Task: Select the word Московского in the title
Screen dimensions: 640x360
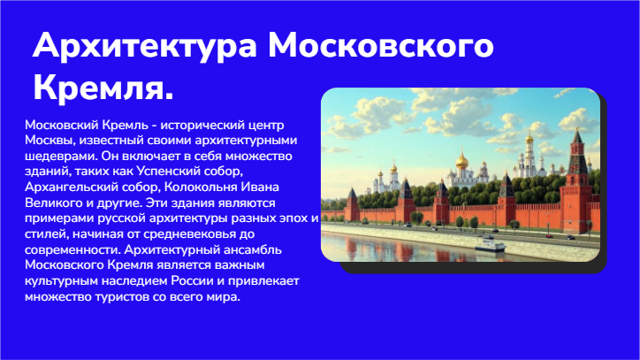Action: pyautogui.click(x=381, y=44)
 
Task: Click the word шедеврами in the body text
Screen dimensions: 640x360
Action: pyautogui.click(x=61, y=156)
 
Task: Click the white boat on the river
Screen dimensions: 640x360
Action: pyautogui.click(x=490, y=245)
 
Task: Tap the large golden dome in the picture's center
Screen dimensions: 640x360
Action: pyautogui.click(x=462, y=161)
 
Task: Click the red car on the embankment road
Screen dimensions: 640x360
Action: pyautogui.click(x=549, y=236)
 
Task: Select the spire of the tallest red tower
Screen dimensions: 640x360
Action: pyautogui.click(x=577, y=134)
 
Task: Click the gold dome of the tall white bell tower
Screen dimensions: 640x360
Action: pyautogui.click(x=529, y=138)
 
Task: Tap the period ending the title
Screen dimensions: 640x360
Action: pyautogui.click(x=169, y=96)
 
